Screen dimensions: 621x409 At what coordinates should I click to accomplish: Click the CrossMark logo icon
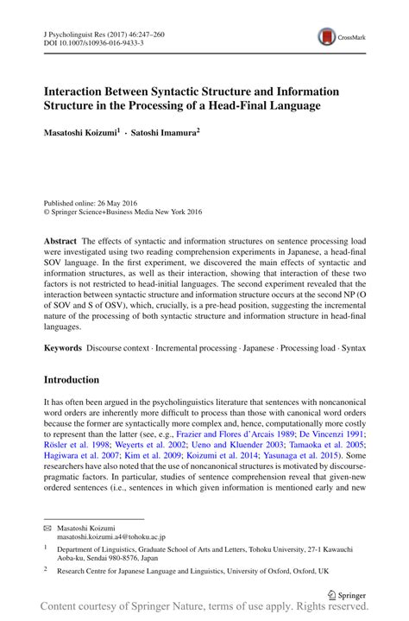pyautogui.click(x=328, y=35)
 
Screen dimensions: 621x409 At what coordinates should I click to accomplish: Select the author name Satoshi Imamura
pyautogui.click(x=165, y=136)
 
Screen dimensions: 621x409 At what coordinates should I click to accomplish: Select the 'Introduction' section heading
pyautogui.click(x=72, y=380)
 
